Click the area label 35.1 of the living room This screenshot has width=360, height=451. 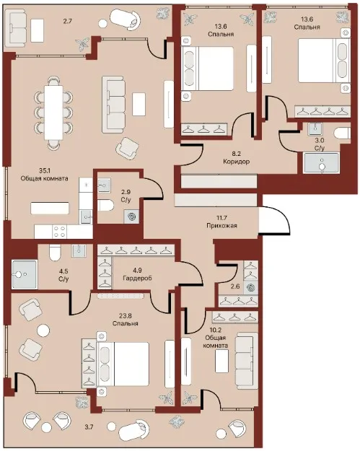tap(44, 171)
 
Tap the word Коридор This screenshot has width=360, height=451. tap(236, 162)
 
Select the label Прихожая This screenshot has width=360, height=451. tap(221, 226)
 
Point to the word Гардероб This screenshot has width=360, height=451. tap(137, 278)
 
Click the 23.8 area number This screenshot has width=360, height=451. tap(126, 316)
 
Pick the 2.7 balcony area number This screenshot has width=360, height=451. tap(67, 21)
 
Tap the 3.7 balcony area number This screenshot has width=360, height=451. tap(89, 427)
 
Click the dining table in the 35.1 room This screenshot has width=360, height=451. tap(53, 113)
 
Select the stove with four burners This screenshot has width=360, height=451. tap(60, 232)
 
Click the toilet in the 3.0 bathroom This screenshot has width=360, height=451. tap(342, 133)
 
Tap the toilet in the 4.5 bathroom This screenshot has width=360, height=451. tap(54, 253)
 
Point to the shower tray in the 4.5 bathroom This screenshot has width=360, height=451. tap(25, 274)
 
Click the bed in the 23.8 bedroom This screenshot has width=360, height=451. tap(123, 364)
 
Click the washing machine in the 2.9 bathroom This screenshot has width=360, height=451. tap(132, 216)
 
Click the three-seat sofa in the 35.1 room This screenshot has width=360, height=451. tap(113, 105)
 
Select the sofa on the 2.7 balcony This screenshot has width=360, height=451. tap(17, 27)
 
